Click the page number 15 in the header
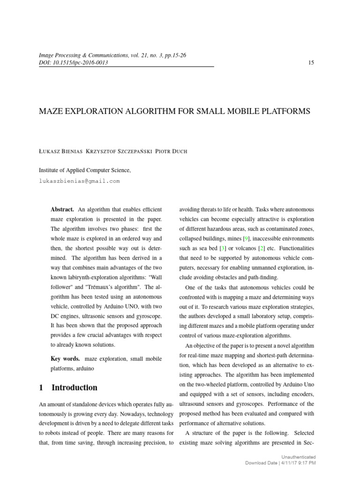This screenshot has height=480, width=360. [311, 63]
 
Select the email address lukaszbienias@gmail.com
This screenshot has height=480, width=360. [79, 180]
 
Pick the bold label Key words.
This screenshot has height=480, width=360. [65, 359]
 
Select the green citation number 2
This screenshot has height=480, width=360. [262, 248]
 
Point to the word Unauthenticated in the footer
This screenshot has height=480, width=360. [298, 457]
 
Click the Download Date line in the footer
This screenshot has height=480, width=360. [280, 463]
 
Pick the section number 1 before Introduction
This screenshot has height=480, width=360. [41, 388]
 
